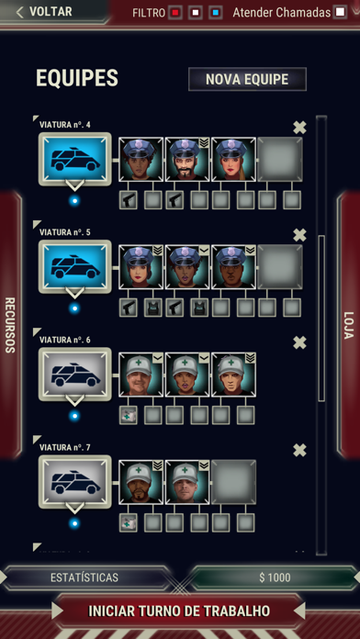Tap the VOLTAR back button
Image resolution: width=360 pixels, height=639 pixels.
point(44,11)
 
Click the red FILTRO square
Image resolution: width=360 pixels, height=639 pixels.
point(175,13)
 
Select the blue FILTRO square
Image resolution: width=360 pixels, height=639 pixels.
point(216,13)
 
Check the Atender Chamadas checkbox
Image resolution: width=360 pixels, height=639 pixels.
point(340,12)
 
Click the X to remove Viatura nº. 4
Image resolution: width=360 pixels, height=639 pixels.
point(299,128)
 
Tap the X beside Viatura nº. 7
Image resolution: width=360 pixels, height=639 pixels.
point(299,450)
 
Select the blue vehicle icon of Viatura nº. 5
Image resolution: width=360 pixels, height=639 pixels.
point(75,266)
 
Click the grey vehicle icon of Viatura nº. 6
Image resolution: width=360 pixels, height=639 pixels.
point(75,374)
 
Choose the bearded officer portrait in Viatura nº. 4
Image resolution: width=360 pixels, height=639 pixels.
point(187,160)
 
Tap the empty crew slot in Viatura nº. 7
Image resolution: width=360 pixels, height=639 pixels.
point(233,482)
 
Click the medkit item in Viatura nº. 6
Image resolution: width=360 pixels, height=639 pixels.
point(128,415)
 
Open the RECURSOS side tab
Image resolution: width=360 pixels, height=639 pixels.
point(10,325)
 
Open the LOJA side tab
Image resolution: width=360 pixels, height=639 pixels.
point(349,325)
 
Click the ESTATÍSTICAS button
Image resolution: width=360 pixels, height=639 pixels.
point(84,577)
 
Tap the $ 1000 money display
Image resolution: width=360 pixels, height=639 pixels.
point(275,577)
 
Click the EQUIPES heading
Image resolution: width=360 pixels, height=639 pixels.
point(77,78)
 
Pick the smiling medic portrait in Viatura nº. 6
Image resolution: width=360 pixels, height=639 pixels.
point(141,375)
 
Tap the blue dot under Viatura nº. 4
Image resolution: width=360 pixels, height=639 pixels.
point(74,201)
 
